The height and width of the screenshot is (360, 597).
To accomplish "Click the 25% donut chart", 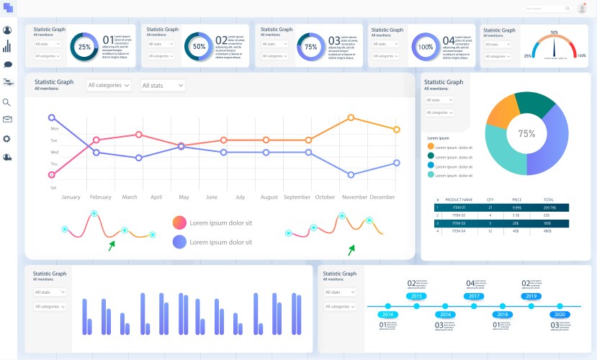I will coord(85,47).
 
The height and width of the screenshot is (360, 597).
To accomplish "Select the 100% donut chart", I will coord(426,47).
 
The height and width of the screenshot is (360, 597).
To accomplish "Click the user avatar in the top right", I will coord(582,9).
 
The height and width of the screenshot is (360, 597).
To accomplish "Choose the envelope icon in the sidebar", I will coord(8,120).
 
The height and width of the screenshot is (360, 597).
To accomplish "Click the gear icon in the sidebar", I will coord(8,138).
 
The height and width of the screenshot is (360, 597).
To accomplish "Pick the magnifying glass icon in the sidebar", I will coord(8,102).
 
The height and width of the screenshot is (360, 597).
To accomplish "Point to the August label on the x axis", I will coord(269,197).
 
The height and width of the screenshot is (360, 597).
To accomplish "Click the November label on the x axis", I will coord(354,197).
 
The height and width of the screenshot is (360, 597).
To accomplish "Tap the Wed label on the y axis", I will coord(54,153).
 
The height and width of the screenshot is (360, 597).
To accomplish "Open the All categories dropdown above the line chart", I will coord(109,85).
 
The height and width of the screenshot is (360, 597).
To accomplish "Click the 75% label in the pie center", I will coord(526,134).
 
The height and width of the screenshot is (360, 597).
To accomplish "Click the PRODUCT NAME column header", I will coord(459,199).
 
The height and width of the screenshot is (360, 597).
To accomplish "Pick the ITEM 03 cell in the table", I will coord(459,223).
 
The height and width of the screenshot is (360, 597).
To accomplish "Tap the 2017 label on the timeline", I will coord(474,296).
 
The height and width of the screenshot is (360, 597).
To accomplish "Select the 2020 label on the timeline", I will coord(559,315).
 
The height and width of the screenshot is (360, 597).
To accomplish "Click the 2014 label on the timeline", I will coord(387,315).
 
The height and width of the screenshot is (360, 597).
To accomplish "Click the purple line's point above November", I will coord(351,175).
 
